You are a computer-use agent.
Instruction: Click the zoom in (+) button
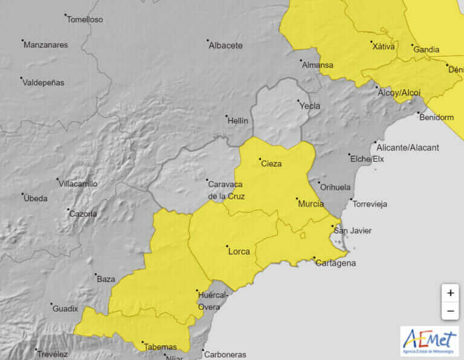click(x=450, y=293)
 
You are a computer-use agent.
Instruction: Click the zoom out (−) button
click(x=450, y=311)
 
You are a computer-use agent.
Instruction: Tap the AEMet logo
click(x=429, y=340)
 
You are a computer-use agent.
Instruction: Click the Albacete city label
click(x=225, y=45)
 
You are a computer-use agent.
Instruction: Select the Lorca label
click(x=239, y=251)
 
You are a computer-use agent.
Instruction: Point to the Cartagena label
click(x=336, y=263)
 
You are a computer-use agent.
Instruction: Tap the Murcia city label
click(x=311, y=204)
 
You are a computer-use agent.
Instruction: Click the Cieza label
click(x=271, y=164)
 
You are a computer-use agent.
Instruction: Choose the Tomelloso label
click(x=85, y=19)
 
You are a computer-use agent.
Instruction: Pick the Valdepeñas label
click(x=43, y=83)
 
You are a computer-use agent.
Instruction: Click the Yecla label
click(x=310, y=106)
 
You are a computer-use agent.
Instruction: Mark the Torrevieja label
click(x=369, y=204)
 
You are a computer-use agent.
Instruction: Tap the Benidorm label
click(x=436, y=117)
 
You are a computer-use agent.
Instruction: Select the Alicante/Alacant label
click(x=407, y=147)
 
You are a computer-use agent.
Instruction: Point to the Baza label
click(x=106, y=279)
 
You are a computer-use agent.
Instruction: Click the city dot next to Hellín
click(x=227, y=116)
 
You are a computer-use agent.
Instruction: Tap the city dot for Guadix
click(x=51, y=304)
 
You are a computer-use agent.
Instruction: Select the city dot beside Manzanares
click(x=23, y=41)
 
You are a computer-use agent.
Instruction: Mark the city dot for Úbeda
click(x=23, y=194)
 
